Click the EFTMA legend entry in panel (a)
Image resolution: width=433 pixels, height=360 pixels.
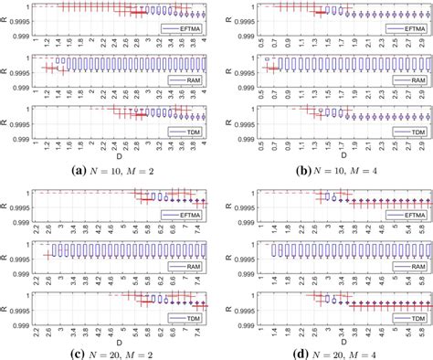[x=186, y=29]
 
